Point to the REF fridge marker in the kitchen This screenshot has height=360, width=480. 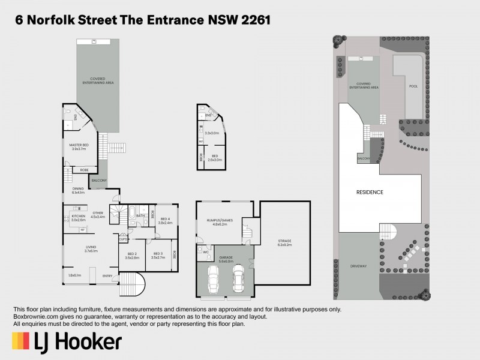82,229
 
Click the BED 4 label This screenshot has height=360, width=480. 165,219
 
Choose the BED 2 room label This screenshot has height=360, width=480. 133,253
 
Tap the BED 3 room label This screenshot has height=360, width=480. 158,253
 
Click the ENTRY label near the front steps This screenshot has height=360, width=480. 107,275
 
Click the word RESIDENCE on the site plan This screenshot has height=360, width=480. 370,193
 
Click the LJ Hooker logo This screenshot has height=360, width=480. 67,341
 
